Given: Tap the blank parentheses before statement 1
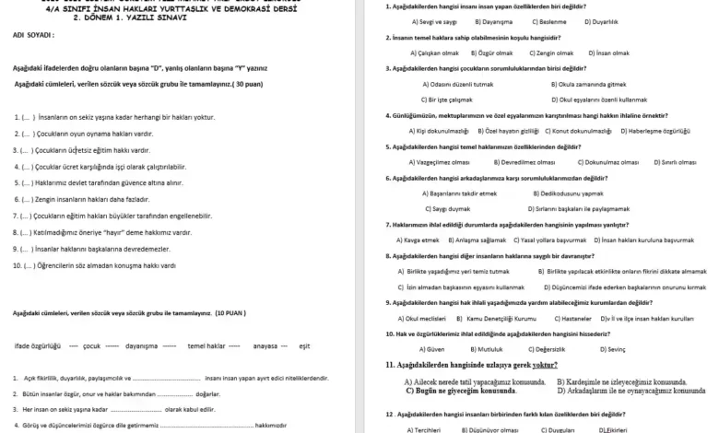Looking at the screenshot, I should pyautogui.click(x=29, y=118).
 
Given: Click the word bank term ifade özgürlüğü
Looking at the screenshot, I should pyautogui.click(x=38, y=345).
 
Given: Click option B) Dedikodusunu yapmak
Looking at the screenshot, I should pyautogui.click(x=571, y=193).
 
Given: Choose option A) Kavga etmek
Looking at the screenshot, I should pyautogui.click(x=418, y=240).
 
